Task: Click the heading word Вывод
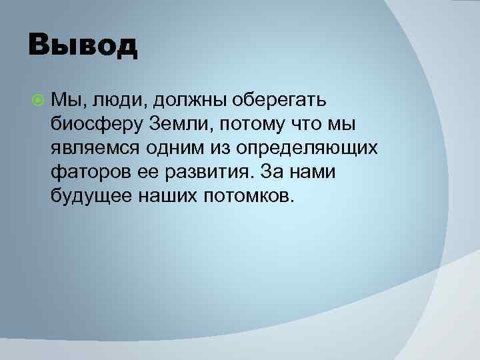pyautogui.click(x=83, y=46)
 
